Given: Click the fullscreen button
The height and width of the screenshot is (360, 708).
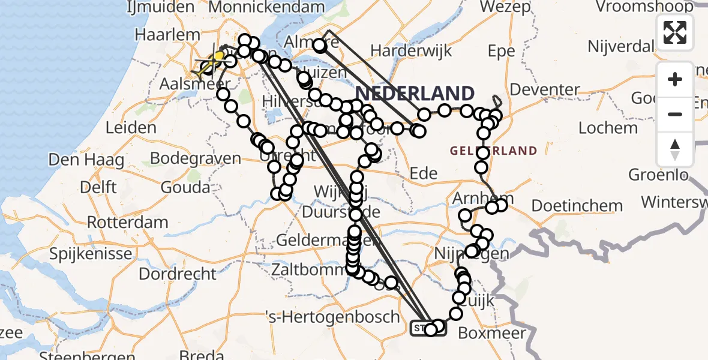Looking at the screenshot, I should tap(675, 32).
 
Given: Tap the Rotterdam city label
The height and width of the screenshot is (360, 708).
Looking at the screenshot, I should tap(127, 222).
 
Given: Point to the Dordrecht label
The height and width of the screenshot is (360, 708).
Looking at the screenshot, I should tap(178, 274).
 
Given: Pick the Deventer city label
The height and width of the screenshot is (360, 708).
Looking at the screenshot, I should tap(546, 90).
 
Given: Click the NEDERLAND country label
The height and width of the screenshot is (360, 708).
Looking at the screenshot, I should tap(415, 94).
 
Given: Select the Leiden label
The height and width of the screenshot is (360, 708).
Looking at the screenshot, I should tap(131, 128).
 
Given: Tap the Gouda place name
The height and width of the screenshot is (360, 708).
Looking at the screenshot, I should tap(185, 187).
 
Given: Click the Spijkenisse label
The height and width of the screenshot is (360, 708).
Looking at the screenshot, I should tap(91, 253).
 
